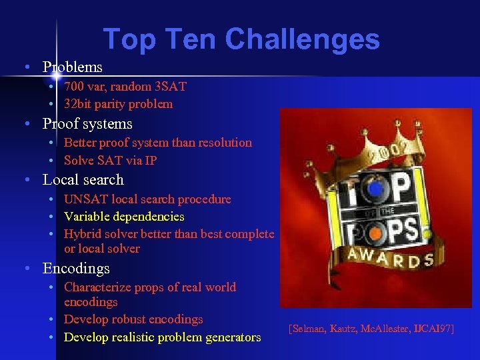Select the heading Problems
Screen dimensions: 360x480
[x=72, y=67]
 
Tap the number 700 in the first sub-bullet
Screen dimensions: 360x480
[x=74, y=87]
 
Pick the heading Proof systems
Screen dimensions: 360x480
[x=87, y=124]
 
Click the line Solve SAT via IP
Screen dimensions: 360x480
[x=110, y=160]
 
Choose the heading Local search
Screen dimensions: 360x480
[x=83, y=180]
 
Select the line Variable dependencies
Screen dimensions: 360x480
[x=124, y=217]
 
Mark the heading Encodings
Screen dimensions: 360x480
[x=76, y=269]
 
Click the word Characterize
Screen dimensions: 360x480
[x=96, y=287]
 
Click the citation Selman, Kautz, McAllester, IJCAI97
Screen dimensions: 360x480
[x=371, y=329]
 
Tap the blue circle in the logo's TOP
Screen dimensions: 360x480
[x=376, y=190]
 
